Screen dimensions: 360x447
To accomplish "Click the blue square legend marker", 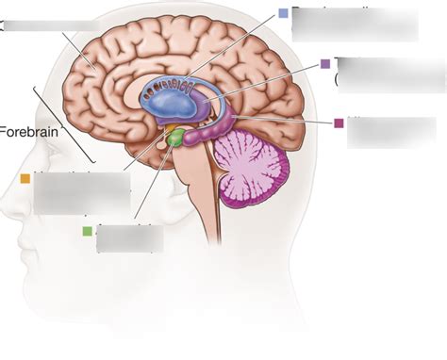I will pos(284,14).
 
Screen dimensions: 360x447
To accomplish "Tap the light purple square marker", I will pos(325,64).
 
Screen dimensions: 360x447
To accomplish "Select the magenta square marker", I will pos(339,123).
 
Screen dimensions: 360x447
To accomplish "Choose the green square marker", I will pos(88,231).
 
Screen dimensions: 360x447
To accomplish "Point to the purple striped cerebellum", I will pos(253,166).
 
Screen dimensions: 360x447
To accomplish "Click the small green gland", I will pos(175,140).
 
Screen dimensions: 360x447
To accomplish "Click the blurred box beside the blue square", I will pos(355,24).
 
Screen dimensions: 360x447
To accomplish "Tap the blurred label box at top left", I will pos(51,25).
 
